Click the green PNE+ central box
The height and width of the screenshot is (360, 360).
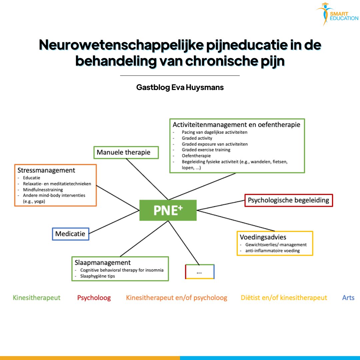click(168, 210)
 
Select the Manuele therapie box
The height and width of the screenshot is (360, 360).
click(126, 152)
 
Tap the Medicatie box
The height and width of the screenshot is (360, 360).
click(70, 234)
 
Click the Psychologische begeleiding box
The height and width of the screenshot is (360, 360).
click(288, 200)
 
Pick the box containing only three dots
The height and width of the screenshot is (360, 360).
click(199, 272)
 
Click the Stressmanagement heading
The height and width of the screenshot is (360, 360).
click(46, 170)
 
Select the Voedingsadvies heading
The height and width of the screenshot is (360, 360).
click(263, 237)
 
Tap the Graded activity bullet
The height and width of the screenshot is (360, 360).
click(197, 138)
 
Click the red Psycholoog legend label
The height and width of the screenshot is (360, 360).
click(94, 298)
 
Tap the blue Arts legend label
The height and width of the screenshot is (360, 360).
click(348, 298)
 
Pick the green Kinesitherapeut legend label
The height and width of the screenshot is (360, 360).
click(37, 298)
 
